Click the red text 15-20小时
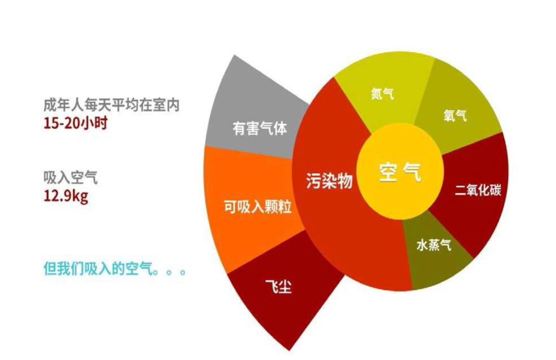tap(75, 123)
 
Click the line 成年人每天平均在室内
tap(111, 105)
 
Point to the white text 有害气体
tap(259, 128)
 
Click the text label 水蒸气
tap(434, 246)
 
